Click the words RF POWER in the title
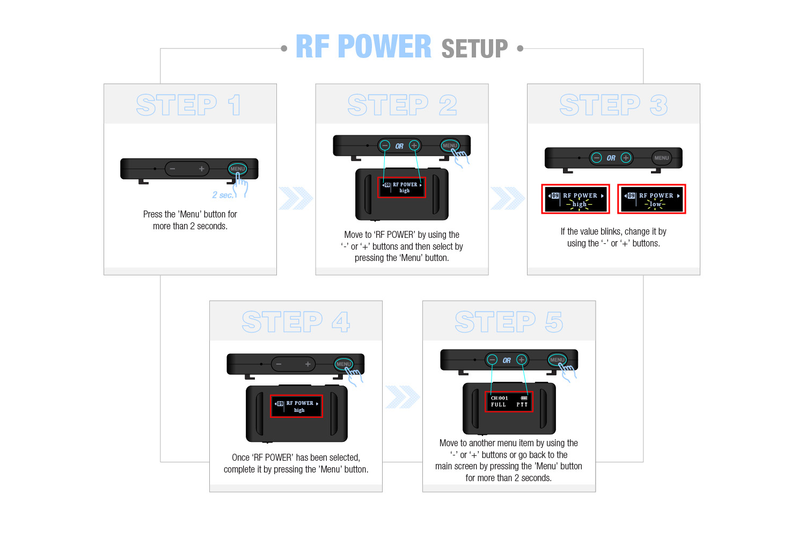click(x=363, y=47)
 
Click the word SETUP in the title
click(x=474, y=49)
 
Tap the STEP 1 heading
click(x=188, y=105)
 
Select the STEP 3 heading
click(x=613, y=105)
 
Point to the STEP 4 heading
click(x=296, y=322)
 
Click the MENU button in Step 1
click(x=237, y=169)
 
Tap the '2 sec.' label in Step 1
click(x=222, y=195)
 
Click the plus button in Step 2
click(x=414, y=146)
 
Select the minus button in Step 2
click(x=385, y=146)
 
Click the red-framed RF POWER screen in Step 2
click(x=402, y=187)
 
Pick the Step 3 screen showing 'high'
click(x=576, y=199)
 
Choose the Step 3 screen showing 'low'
click(x=652, y=199)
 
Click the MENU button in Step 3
click(x=661, y=158)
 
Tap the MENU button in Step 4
click(x=343, y=364)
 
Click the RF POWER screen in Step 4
click(x=296, y=407)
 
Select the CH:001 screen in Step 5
click(x=509, y=402)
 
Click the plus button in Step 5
click(x=521, y=360)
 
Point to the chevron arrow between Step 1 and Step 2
click(x=296, y=198)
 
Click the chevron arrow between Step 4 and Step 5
click(x=402, y=397)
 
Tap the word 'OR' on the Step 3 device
click(x=611, y=158)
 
